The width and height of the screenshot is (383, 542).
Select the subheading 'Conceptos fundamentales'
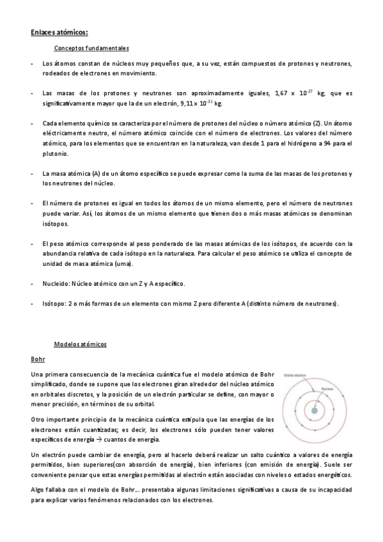click(x=92, y=48)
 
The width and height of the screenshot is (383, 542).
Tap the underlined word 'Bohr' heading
click(x=38, y=359)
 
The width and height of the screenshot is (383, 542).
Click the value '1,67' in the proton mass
click(x=280, y=93)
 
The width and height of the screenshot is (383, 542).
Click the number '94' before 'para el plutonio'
click(x=327, y=144)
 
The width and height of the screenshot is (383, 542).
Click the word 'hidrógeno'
click(x=300, y=144)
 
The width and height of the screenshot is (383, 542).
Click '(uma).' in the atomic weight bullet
click(x=123, y=263)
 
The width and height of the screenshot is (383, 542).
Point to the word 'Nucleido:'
click(x=56, y=283)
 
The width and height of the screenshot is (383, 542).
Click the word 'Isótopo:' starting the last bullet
click(x=54, y=303)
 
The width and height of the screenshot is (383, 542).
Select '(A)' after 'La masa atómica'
click(x=96, y=174)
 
